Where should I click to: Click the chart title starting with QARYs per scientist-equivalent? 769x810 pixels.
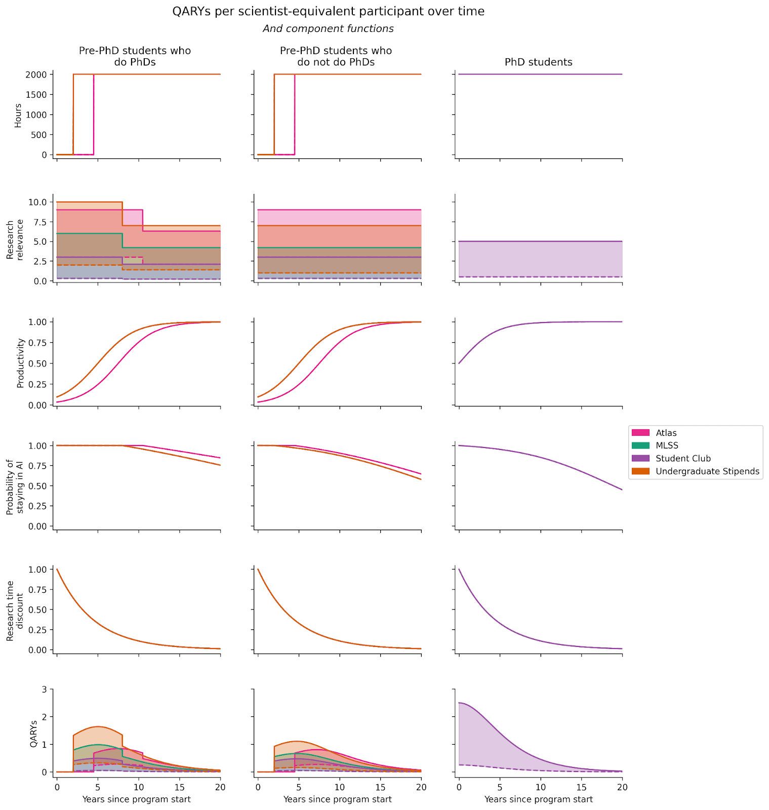tap(328, 11)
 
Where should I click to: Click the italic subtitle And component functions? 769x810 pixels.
tap(328, 29)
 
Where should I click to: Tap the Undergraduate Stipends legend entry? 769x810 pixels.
tap(707, 471)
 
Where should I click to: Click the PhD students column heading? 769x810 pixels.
tap(538, 62)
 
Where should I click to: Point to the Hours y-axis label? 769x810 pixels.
tap(18, 115)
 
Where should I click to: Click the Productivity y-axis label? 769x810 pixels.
tap(21, 363)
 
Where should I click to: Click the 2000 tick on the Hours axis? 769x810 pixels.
tap(37, 74)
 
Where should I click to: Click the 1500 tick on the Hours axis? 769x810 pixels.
tap(37, 95)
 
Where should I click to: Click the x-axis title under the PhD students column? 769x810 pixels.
tap(538, 799)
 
